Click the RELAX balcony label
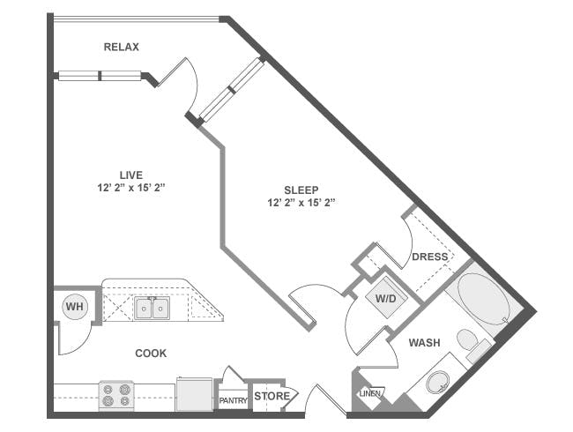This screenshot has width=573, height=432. click(x=122, y=47)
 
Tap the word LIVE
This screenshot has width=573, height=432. click(x=131, y=175)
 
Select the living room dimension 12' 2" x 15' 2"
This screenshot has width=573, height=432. click(x=131, y=188)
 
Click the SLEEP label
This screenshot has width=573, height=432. click(x=301, y=190)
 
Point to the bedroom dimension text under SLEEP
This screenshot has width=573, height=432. click(x=301, y=203)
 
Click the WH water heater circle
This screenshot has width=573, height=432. click(x=75, y=307)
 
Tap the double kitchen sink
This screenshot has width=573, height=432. click(x=152, y=308)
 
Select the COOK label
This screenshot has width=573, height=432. click(x=151, y=353)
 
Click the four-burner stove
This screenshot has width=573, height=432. click(x=116, y=395)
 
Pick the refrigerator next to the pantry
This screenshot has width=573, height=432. click(x=195, y=394)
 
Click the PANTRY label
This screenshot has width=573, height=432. click(x=233, y=401)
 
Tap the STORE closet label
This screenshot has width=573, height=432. click(x=272, y=396)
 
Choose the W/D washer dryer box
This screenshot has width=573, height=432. click(x=386, y=299)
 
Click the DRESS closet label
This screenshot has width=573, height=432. click(x=430, y=257)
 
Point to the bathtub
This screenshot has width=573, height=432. click(x=483, y=299)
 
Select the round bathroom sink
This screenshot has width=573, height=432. click(x=438, y=383)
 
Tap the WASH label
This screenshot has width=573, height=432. click(x=424, y=343)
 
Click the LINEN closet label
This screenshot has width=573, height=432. click(x=370, y=393)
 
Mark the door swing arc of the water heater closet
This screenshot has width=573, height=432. click(x=81, y=345)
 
